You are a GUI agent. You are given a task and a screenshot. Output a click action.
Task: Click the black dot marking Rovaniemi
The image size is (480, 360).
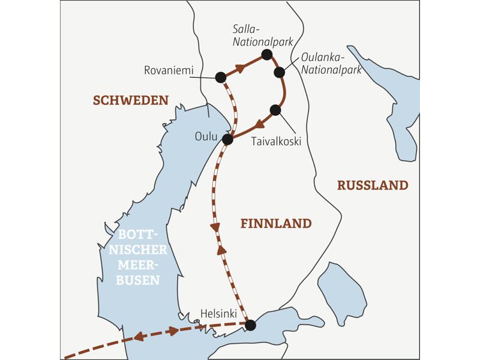220,77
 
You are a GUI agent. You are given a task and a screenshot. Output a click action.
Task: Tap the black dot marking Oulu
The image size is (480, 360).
227,139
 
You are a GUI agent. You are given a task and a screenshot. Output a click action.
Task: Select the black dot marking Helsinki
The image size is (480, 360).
251,325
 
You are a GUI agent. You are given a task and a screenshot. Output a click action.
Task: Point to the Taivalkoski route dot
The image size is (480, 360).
275,110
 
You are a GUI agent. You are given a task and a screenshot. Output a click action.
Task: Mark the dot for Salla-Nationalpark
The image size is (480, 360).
267,55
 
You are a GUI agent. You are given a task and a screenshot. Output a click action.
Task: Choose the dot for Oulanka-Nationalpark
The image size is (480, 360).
279,73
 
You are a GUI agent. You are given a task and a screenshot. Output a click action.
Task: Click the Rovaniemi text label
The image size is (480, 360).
169,71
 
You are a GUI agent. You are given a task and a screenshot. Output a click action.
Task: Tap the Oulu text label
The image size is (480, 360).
205,136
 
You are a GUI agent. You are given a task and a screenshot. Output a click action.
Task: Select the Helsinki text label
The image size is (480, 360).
218,314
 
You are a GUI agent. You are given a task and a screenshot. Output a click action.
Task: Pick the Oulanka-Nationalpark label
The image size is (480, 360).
331,64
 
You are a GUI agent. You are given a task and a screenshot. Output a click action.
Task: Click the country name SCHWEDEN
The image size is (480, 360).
130,101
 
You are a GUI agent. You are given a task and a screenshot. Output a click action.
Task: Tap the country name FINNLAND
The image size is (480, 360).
276,224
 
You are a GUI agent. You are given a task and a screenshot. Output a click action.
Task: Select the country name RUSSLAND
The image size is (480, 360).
372,185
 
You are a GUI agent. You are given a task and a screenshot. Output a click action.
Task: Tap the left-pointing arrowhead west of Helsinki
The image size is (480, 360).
139,337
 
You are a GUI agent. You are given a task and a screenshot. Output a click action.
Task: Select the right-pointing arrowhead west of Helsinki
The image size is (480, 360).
173,331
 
